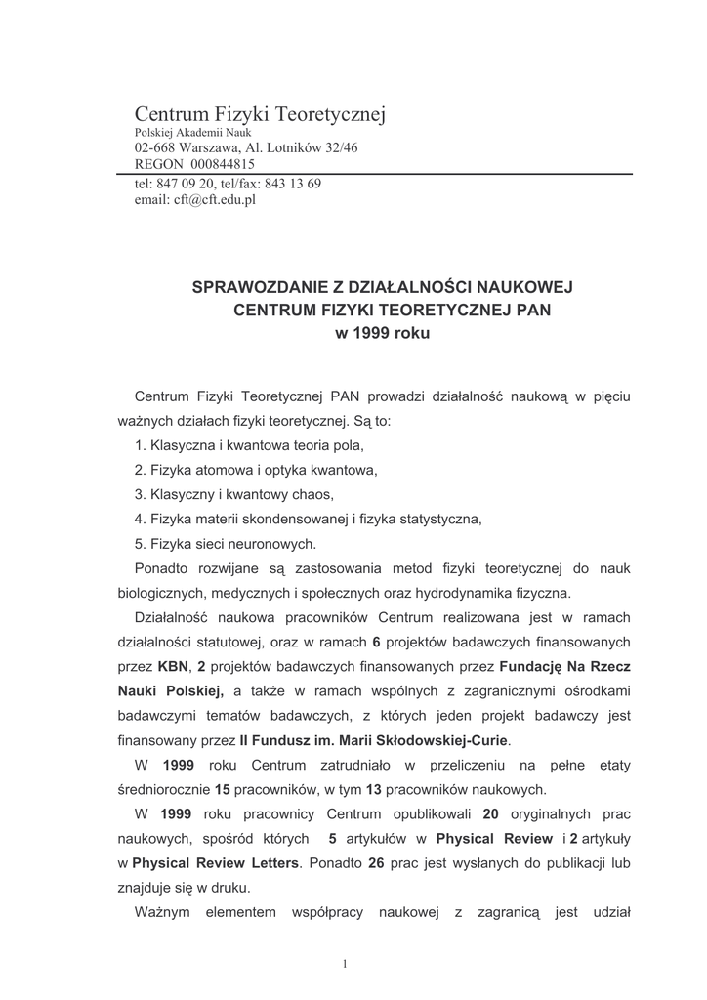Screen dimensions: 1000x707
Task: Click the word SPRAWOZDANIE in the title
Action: click(x=254, y=287)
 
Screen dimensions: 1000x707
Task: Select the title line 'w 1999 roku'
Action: click(x=381, y=332)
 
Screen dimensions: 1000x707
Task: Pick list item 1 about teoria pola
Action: click(x=249, y=445)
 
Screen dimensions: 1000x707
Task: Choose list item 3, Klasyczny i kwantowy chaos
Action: click(x=234, y=493)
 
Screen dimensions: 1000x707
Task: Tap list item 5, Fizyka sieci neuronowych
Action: click(x=226, y=544)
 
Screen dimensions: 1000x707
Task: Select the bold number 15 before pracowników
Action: click(x=222, y=789)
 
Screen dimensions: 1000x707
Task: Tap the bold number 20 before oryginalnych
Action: click(x=491, y=814)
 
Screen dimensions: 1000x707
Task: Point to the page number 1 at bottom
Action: click(x=346, y=964)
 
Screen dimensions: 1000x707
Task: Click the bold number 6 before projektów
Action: click(x=376, y=642)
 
